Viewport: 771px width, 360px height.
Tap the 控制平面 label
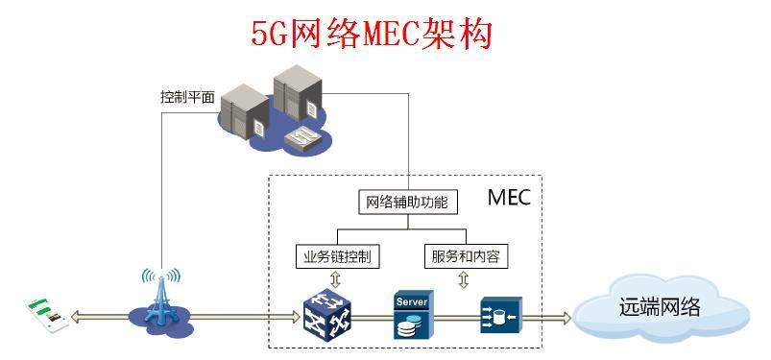click(x=187, y=97)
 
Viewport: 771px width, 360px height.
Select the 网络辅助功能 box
click(x=407, y=203)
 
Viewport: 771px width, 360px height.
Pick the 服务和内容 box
click(x=466, y=256)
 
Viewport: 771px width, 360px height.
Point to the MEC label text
click(x=509, y=198)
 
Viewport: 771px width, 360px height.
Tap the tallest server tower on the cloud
click(x=295, y=99)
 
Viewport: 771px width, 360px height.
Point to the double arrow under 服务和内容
click(x=464, y=279)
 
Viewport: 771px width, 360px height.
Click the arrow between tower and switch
click(x=240, y=315)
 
